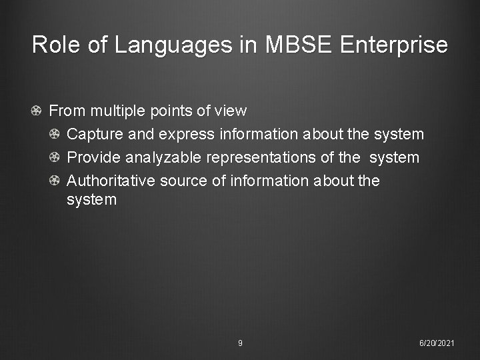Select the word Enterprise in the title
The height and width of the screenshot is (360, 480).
point(394,45)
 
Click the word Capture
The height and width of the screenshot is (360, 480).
point(95,135)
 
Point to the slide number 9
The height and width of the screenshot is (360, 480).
point(240,343)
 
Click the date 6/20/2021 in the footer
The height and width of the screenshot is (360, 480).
point(437,343)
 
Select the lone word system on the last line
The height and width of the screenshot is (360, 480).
point(91,199)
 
